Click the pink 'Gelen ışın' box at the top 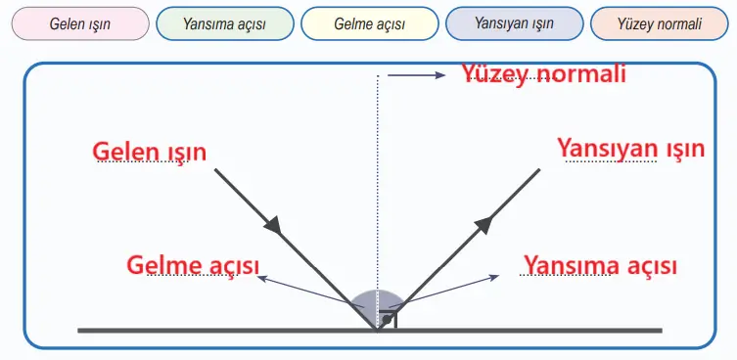coord(79,23)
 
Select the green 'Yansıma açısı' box coord(224,23)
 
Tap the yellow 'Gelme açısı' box coord(369,23)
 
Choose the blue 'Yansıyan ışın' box coord(514,23)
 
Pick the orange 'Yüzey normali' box coord(659,23)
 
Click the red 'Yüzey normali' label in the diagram coord(543,74)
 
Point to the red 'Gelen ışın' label coord(150,151)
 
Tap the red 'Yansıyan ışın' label coord(630,149)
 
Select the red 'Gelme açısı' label coord(194,265)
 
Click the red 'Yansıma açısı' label coord(600,265)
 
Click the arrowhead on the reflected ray coord(483,225)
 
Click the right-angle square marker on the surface coord(389,321)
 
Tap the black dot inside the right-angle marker coord(388,321)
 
